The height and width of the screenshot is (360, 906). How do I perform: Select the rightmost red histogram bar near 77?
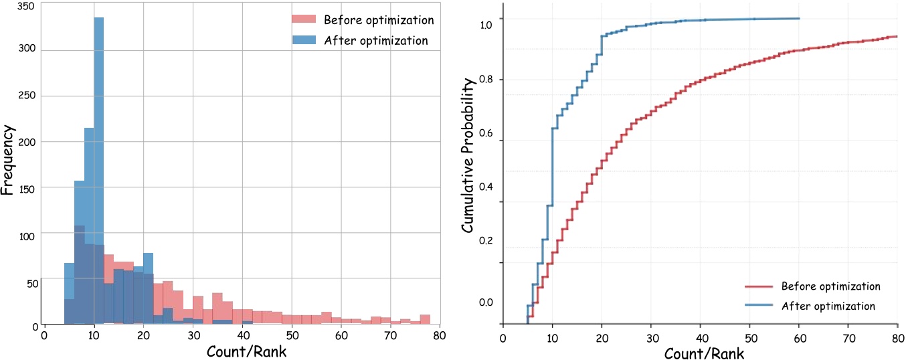pos(425,320)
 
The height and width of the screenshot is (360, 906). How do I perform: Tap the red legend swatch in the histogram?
pos(304,20)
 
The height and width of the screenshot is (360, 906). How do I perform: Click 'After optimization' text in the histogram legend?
pos(375,40)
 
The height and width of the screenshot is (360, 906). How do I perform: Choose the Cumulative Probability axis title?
pos(470,154)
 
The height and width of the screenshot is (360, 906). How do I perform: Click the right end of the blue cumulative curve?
pos(799,18)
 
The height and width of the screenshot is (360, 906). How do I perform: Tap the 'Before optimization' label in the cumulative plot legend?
pos(830,286)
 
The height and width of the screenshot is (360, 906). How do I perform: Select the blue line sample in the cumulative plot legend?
pos(759,306)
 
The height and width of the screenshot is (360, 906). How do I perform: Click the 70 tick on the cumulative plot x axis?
pos(848,338)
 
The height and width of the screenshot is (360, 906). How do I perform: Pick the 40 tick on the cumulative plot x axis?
pos(700,338)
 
